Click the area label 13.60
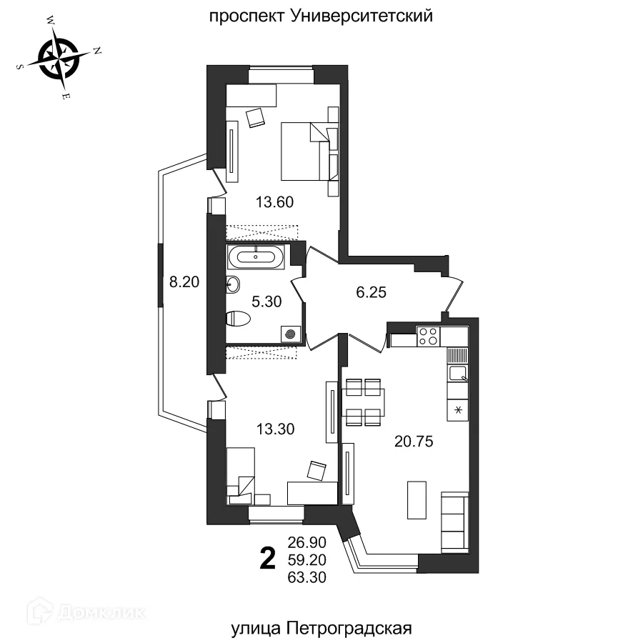(275, 202)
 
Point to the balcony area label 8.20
(183, 281)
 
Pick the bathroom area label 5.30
(267, 301)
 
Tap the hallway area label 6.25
(371, 291)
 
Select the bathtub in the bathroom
(256, 256)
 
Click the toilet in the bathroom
(237, 319)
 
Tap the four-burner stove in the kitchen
(428, 336)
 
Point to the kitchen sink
(457, 372)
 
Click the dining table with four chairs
(364, 402)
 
